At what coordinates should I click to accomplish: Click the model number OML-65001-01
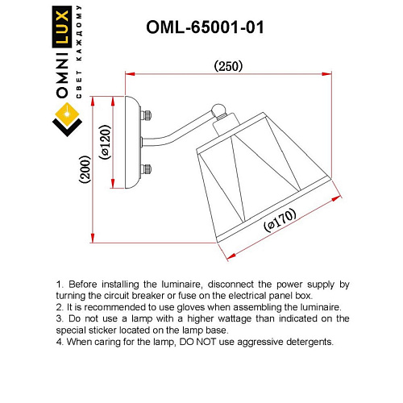pyautogui.click(x=205, y=27)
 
